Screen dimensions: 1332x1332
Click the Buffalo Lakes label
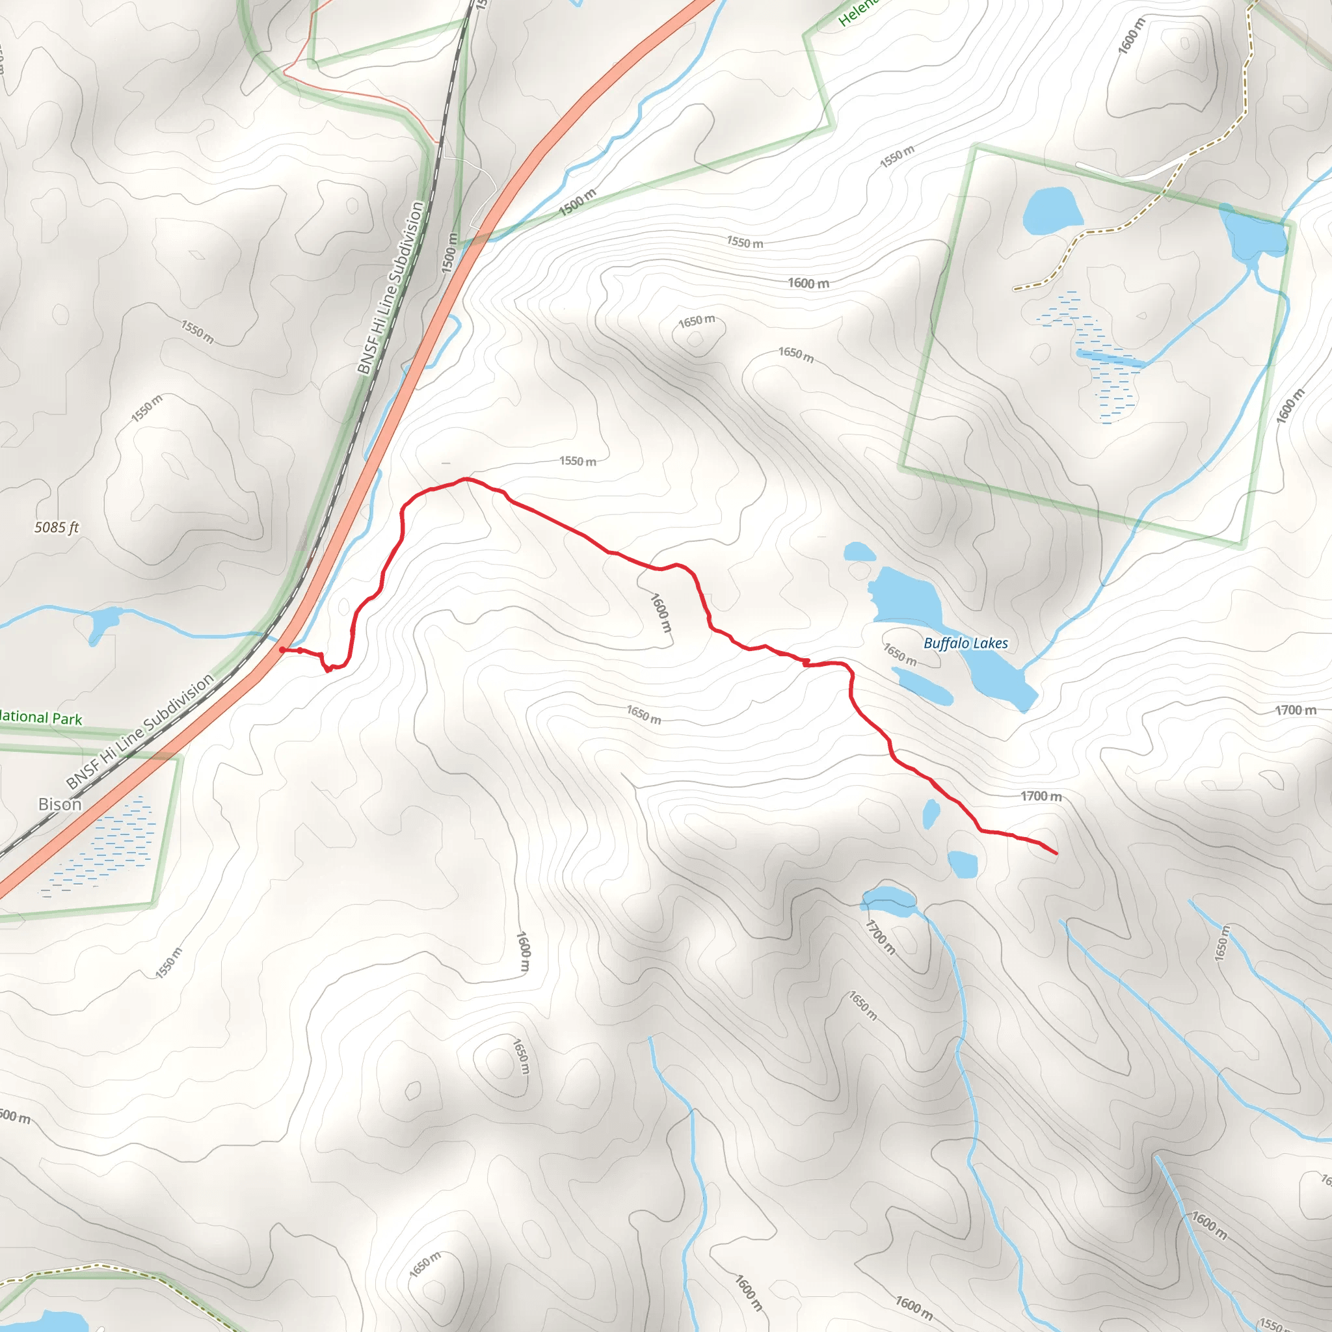965,643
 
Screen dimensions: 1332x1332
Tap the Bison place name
60,804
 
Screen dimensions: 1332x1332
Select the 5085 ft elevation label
57,527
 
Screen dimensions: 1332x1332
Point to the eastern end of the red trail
1056,853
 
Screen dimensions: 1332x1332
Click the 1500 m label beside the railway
449,253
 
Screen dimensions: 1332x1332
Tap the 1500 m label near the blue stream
577,202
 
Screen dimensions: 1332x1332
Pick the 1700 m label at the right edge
1295,710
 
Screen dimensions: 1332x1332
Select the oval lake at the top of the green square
1052,209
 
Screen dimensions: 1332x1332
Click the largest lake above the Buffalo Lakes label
907,596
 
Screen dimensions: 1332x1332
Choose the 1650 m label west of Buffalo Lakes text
899,654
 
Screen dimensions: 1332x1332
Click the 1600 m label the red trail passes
661,613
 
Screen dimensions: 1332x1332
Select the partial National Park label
40,717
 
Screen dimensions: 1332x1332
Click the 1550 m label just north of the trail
578,460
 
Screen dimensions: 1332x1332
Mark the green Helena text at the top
859,12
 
